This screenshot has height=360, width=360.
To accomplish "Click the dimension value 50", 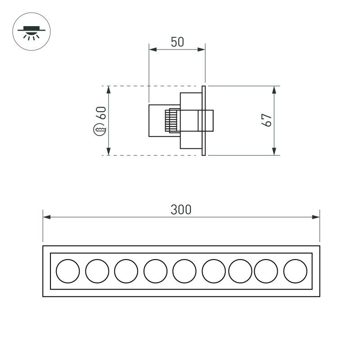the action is tap(177, 42).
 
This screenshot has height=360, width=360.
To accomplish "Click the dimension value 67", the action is tap(267, 120).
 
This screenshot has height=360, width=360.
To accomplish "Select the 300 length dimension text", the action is tap(181, 210).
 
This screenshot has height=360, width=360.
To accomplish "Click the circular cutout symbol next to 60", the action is tap(99, 129).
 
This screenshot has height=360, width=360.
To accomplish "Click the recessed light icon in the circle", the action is tap(31, 32).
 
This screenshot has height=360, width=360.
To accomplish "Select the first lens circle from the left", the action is tap(68, 271).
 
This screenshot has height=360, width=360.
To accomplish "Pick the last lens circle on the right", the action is tap(295, 271).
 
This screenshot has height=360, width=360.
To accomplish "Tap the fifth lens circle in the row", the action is tap(184, 271).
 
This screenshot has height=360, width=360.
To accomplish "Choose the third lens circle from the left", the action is tap(126, 271).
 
